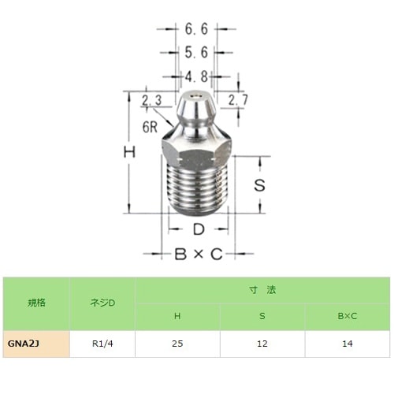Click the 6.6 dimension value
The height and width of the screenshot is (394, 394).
click(x=195, y=29)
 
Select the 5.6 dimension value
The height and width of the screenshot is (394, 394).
click(x=195, y=53)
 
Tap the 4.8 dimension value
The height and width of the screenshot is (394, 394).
click(x=195, y=76)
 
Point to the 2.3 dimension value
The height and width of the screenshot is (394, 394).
click(x=152, y=100)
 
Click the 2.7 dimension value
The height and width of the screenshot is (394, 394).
click(x=238, y=99)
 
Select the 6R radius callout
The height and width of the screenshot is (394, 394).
click(x=153, y=125)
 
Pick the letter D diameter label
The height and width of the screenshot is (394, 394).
click(x=199, y=230)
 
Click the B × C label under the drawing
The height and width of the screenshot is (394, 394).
click(x=199, y=255)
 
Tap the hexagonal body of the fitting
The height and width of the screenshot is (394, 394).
click(x=199, y=148)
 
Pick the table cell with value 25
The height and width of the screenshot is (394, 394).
click(x=177, y=344)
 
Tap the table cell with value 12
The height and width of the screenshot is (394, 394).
click(x=262, y=344)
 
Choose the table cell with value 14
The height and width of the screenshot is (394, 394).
click(x=347, y=344)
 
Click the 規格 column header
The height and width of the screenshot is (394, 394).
click(x=35, y=303)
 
